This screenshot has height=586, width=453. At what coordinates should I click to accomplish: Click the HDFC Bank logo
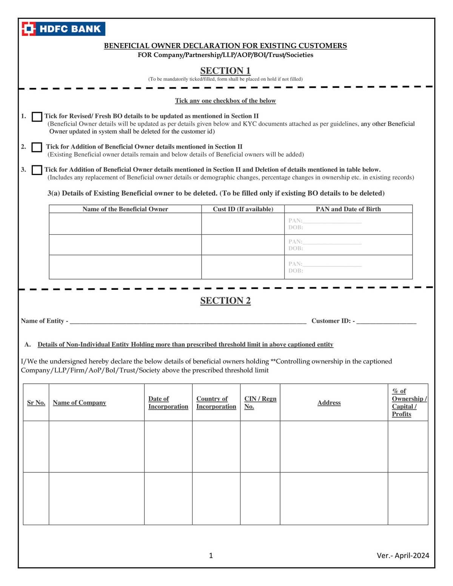[x=63, y=29]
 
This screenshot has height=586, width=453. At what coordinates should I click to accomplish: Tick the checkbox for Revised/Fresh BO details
[x=37, y=117]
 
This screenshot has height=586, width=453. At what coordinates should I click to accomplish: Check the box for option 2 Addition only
[x=37, y=147]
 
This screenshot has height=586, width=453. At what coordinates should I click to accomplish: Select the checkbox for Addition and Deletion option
[x=37, y=170]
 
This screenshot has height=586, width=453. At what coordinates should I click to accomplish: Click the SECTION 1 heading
[x=225, y=71]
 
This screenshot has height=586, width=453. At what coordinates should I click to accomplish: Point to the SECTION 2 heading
[x=225, y=300]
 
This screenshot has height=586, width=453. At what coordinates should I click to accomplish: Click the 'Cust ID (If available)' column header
[x=243, y=209]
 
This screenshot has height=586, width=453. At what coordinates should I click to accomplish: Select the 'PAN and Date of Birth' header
[x=348, y=209]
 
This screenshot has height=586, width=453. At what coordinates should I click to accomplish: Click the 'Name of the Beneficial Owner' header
[x=125, y=209]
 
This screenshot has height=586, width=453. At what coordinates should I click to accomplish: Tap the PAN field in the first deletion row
[x=332, y=220]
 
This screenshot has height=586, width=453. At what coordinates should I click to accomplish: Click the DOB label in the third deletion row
[x=296, y=271]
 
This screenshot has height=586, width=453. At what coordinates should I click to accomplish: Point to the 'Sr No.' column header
[x=36, y=403]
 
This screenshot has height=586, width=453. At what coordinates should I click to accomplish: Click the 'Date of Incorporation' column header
[x=168, y=403]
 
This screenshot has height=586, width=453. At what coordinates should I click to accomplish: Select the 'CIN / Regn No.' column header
[x=260, y=403]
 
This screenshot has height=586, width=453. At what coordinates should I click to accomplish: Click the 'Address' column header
[x=329, y=403]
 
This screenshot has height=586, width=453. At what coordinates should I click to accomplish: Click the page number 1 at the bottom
[x=211, y=555]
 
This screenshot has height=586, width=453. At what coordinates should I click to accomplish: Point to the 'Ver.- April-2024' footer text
[x=403, y=555]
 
